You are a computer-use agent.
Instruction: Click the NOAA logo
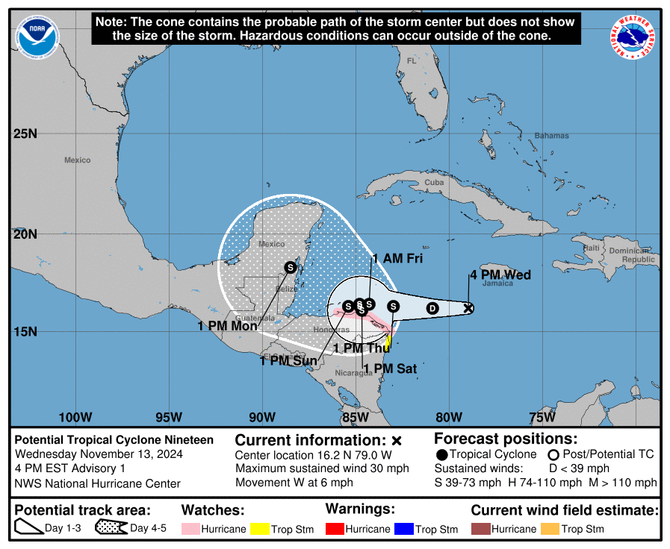(x=38, y=37)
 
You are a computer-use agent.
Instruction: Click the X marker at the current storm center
(x=468, y=307)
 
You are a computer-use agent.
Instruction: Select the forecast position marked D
(x=432, y=308)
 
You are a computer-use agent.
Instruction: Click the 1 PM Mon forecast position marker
(x=291, y=267)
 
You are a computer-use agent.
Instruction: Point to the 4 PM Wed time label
(x=500, y=275)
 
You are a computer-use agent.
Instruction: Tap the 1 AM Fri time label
(x=397, y=259)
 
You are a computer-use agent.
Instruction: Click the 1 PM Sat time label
(x=395, y=368)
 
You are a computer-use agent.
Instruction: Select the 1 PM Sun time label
(x=288, y=362)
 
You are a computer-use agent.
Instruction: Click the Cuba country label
(x=433, y=182)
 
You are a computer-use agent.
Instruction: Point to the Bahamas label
(x=551, y=136)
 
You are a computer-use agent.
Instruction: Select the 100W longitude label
(x=75, y=417)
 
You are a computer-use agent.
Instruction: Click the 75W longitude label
(x=542, y=417)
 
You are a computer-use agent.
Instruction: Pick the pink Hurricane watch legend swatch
(x=191, y=529)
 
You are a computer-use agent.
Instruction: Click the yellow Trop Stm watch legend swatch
(x=260, y=529)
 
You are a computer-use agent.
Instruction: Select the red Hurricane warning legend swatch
(x=335, y=529)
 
